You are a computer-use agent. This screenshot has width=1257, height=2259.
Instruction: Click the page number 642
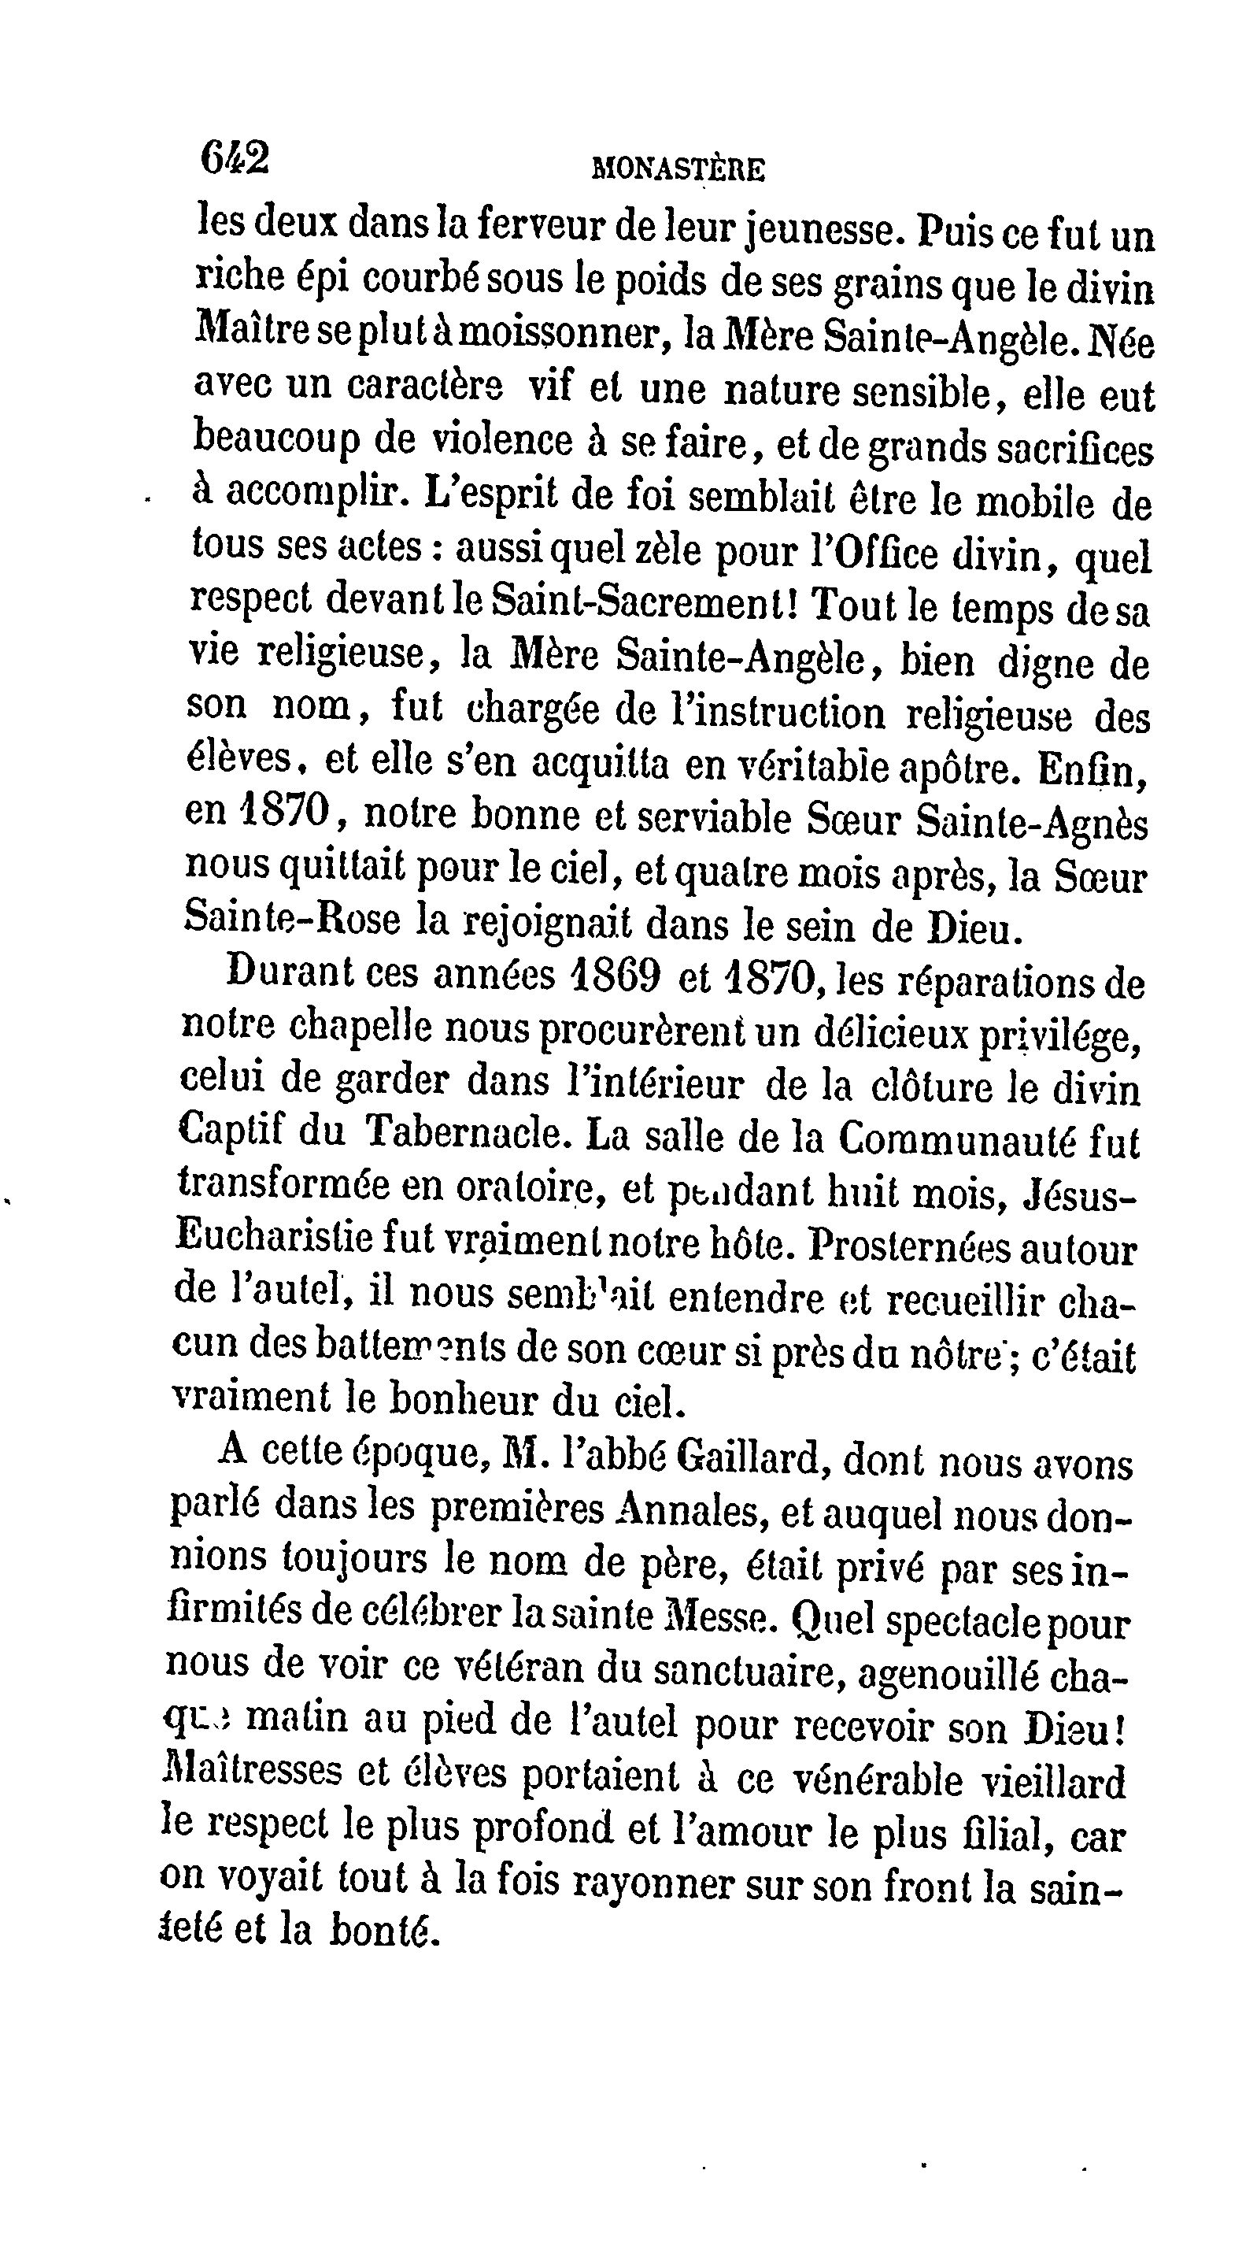pyautogui.click(x=234, y=160)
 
